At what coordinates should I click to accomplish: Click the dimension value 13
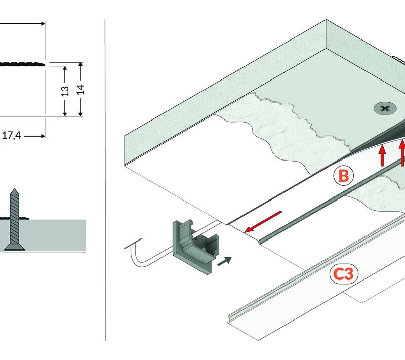pyautogui.click(x=65, y=91)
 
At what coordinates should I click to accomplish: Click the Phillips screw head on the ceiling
pyautogui.click(x=384, y=108)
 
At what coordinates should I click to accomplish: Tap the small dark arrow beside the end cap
pyautogui.click(x=226, y=261)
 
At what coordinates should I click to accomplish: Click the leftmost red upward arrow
pyautogui.click(x=383, y=155)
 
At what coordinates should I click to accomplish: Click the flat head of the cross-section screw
pyautogui.click(x=14, y=248)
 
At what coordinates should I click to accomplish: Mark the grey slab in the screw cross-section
pyautogui.click(x=56, y=235)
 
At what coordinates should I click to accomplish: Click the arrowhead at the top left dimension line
pyautogui.click(x=42, y=23)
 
